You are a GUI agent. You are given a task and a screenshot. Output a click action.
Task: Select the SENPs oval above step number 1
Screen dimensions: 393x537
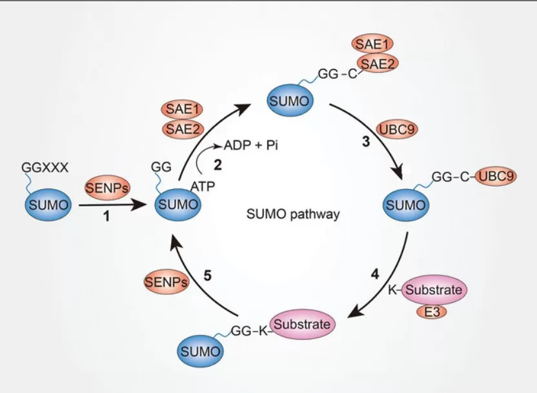(107, 188)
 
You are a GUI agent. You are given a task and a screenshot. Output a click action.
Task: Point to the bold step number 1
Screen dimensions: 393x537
(106, 217)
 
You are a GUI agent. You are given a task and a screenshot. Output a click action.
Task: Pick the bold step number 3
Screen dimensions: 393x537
(365, 143)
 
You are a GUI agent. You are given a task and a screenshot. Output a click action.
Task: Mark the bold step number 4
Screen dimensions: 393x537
(374, 273)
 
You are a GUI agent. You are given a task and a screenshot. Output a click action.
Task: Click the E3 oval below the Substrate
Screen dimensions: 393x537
(431, 312)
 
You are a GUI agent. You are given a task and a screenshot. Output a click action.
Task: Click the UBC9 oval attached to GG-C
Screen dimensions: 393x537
(496, 177)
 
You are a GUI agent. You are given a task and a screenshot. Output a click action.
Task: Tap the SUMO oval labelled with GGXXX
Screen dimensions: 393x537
(46, 206)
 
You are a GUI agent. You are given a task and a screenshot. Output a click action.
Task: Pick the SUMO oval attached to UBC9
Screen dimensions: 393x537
(405, 206)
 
